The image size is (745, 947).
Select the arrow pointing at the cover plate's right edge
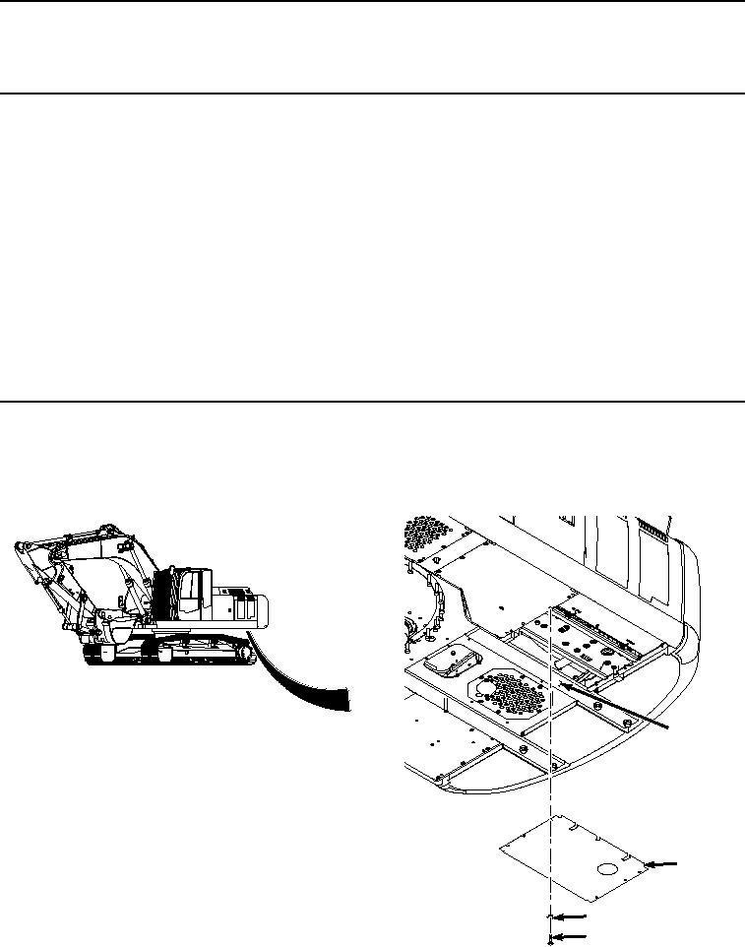(664, 863)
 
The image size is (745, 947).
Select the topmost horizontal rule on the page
(372, 2)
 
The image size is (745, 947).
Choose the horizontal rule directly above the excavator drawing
(372, 401)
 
